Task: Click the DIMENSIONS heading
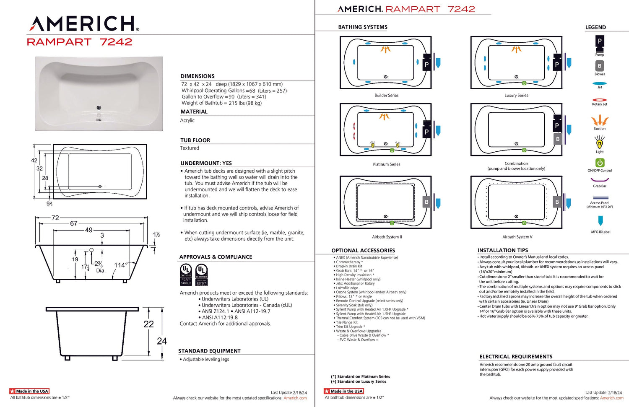coord(198,76)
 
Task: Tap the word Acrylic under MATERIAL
coord(187,120)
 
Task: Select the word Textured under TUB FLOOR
coord(190,148)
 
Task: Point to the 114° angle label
coord(121,265)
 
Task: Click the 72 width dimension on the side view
coord(55,218)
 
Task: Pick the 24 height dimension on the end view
coord(162,341)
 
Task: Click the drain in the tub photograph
coord(99,108)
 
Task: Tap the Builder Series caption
coord(386,95)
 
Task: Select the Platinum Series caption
coord(386,164)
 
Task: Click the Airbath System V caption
coord(517,237)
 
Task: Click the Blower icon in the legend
coord(600,66)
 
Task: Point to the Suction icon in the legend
coord(600,121)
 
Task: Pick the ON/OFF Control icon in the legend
coord(600,163)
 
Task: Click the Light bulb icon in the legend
coord(600,144)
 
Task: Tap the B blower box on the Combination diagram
coord(557,139)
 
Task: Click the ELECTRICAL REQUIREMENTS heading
coord(516,357)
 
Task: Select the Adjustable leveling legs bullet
coord(205,359)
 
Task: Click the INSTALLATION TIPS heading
coord(502,250)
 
